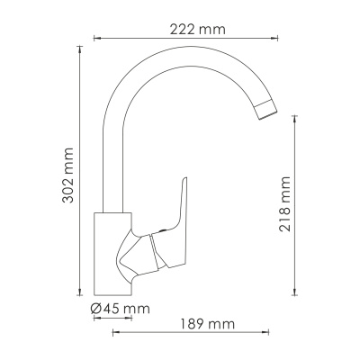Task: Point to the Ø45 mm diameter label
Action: (x=119, y=310)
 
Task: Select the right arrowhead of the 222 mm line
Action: (x=274, y=40)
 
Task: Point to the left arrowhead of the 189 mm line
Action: (x=114, y=334)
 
